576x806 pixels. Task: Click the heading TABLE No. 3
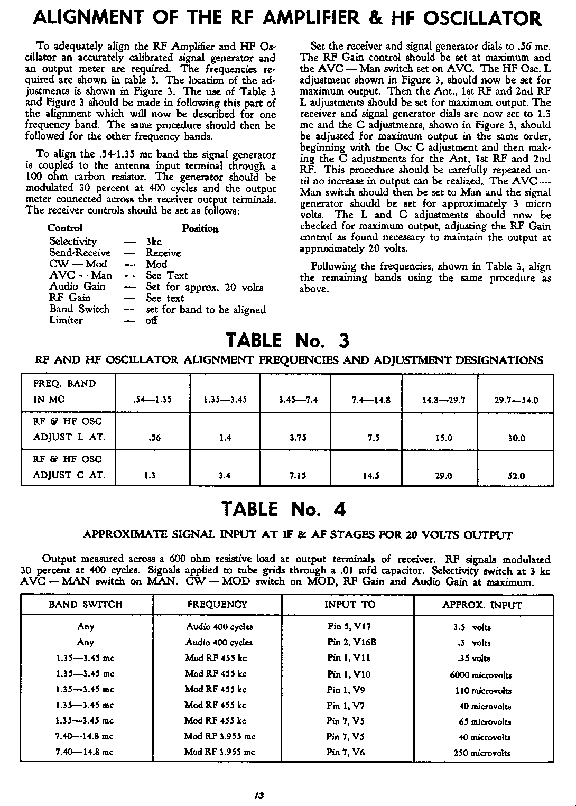287,340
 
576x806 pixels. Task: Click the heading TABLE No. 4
284,509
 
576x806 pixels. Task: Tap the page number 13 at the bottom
258,794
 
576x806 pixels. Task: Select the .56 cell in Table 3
154,438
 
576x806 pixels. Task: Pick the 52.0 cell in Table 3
516,476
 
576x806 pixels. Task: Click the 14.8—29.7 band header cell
443,400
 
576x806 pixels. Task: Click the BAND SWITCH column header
86,604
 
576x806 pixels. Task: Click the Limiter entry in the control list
66,320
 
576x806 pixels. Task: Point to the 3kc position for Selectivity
154,242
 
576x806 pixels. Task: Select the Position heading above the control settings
200,229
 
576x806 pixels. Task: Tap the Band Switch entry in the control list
79,309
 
